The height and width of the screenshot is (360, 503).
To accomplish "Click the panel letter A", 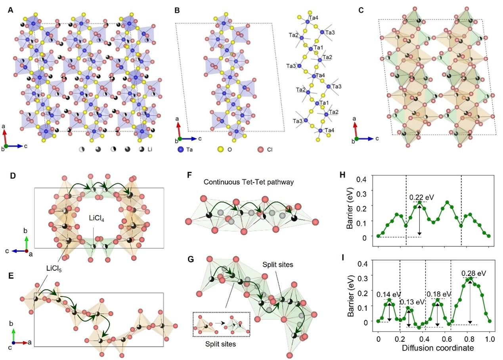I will point(11,10).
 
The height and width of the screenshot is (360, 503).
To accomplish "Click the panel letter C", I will point(361,10).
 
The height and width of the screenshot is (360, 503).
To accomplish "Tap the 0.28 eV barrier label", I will point(473,273).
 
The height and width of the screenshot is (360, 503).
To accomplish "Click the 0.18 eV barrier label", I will point(438,294).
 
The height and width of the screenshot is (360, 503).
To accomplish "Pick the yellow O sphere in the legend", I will point(220,150).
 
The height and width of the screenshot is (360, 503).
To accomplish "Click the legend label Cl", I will point(271,150).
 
